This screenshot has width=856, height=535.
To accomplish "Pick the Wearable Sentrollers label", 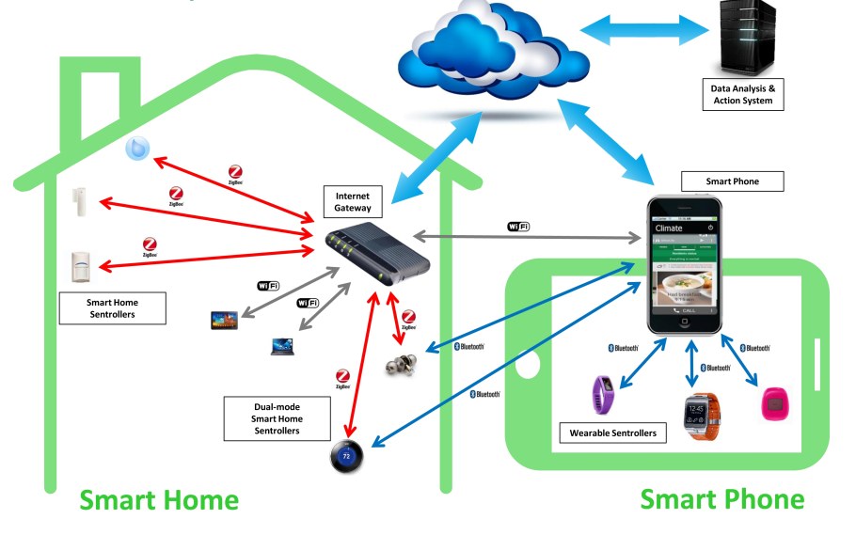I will pyautogui.click(x=612, y=433).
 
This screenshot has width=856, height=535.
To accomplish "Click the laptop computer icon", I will pyautogui.click(x=284, y=346).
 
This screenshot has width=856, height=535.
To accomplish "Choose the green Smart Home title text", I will pyautogui.click(x=158, y=499).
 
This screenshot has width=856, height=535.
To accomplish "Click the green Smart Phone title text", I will pyautogui.click(x=721, y=498).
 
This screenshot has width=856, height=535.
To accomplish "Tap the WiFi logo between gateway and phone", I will pyautogui.click(x=518, y=226).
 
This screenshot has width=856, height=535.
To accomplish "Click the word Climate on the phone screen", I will pyautogui.click(x=671, y=228).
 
